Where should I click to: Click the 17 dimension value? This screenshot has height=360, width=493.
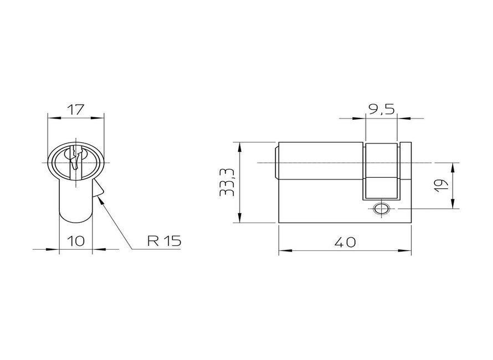(76, 110)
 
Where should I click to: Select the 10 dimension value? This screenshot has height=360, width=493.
(76, 241)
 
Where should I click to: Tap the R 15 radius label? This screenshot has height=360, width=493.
(165, 241)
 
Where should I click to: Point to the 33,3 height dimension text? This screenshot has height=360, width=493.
(227, 182)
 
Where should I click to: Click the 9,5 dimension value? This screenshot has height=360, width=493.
(382, 110)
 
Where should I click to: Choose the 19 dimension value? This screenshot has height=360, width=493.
(440, 186)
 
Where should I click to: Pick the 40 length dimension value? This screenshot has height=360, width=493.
(345, 242)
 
